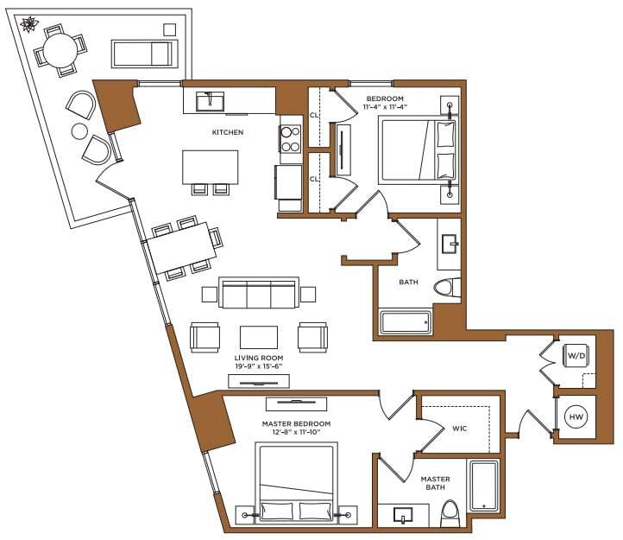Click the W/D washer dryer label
575,355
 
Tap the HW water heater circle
575,417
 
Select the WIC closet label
460,428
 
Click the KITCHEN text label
228,132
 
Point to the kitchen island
210,166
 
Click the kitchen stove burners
289,138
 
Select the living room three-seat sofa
259,294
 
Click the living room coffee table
259,337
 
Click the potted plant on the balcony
31,23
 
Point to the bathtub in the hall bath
406,323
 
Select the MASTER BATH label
435,483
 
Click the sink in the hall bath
450,245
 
